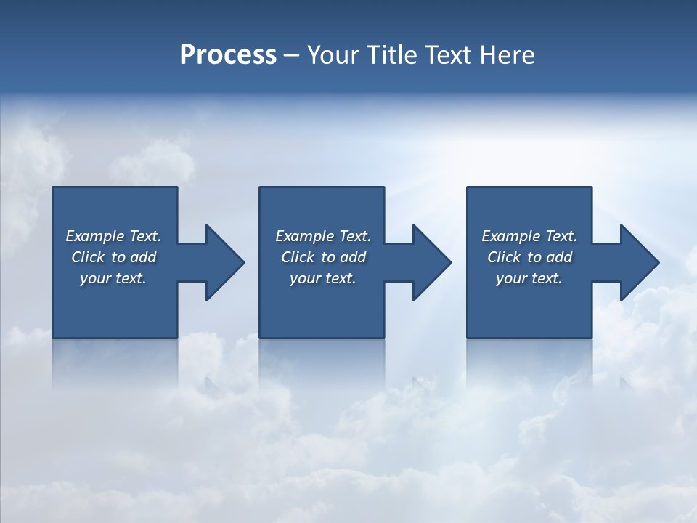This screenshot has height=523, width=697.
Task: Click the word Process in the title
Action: pyautogui.click(x=228, y=54)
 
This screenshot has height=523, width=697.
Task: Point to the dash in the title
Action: pyautogui.click(x=291, y=55)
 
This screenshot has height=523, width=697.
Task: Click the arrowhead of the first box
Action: pyautogui.click(x=224, y=262)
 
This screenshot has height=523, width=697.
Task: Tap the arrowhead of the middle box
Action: pyautogui.click(x=431, y=262)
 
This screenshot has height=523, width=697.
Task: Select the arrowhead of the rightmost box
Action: pyautogui.click(x=638, y=262)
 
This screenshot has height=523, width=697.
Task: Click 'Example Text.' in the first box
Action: pyautogui.click(x=113, y=236)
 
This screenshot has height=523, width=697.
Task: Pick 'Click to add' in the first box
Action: pyautogui.click(x=113, y=257)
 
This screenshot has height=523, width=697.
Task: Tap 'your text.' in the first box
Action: pyautogui.click(x=113, y=278)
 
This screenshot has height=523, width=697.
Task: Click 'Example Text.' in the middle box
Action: pyautogui.click(x=323, y=236)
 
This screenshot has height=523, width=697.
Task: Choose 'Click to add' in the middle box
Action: pyautogui.click(x=323, y=257)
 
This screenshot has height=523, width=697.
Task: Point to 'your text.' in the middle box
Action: pyautogui.click(x=323, y=278)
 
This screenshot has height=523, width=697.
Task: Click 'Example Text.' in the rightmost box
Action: pyautogui.click(x=529, y=236)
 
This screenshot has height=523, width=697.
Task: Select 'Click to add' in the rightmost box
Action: pyautogui.click(x=529, y=257)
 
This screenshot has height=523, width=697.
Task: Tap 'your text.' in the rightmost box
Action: pyautogui.click(x=529, y=278)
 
